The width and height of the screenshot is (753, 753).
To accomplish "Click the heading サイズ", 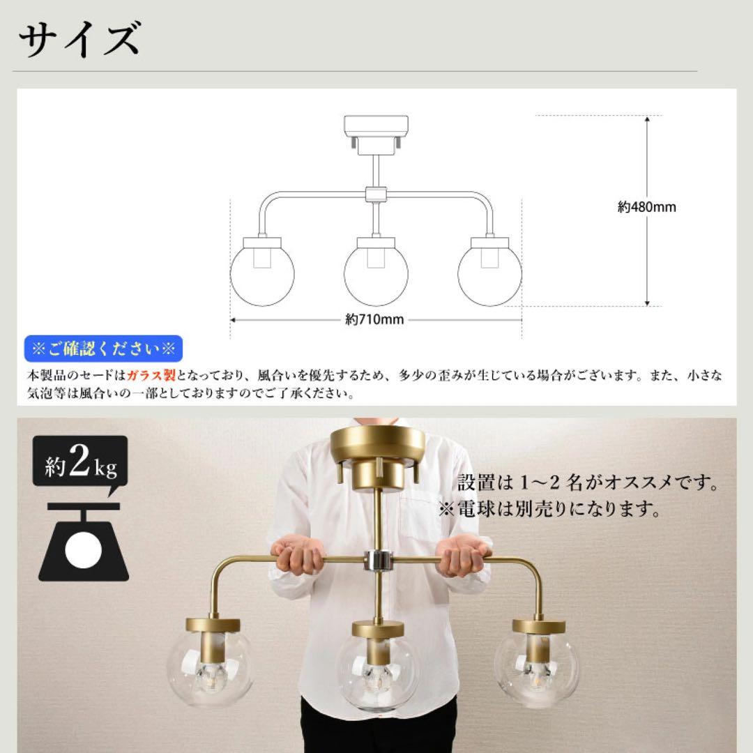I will tap(79, 40).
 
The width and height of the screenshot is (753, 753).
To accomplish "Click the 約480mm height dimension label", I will tap(646, 207).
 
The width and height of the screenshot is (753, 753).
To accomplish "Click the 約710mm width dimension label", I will tap(374, 320).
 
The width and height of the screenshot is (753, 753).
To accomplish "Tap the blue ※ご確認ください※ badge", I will tap(102, 348).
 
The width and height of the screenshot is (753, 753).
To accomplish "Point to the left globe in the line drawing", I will tap(262, 273).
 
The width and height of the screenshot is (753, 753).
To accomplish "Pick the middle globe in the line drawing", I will tap(376, 273).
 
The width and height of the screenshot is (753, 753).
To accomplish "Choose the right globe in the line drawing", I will tap(489, 273).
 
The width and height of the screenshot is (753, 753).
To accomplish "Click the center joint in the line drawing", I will tap(376, 194).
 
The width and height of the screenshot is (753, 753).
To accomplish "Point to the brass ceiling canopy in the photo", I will tap(377, 446).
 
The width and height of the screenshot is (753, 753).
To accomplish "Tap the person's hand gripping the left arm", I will tap(298, 558).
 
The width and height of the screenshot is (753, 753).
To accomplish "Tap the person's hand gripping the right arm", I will tap(462, 556).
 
